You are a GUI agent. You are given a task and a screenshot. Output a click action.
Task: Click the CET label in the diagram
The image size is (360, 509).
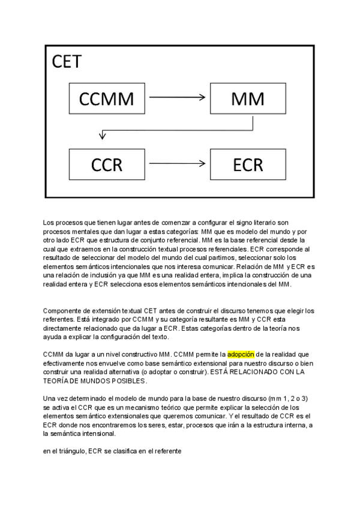pos(67,62)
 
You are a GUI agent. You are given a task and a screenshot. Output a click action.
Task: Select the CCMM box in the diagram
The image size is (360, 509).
pos(106,98)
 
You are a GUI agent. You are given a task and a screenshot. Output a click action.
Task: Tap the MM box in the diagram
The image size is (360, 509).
pos(248,98)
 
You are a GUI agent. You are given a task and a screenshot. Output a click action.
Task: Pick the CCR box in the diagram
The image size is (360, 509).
pos(106,163)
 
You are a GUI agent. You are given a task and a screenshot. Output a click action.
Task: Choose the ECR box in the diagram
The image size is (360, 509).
pos(248,163)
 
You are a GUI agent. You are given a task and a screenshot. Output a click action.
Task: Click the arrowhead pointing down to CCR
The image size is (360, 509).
pos(103,136)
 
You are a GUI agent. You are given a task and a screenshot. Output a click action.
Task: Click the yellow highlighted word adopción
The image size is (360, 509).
pos(241,355)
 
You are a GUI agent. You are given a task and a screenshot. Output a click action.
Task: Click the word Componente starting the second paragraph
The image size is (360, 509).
pos(63,311)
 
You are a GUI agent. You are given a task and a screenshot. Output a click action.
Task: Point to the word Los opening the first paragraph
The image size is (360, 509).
pos(49,223)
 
